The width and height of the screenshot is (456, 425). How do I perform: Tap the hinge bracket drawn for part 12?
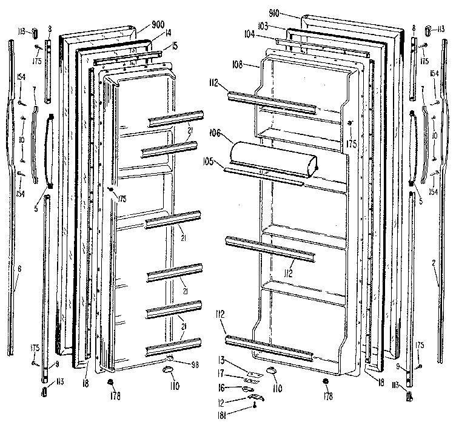(x=258, y=397)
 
